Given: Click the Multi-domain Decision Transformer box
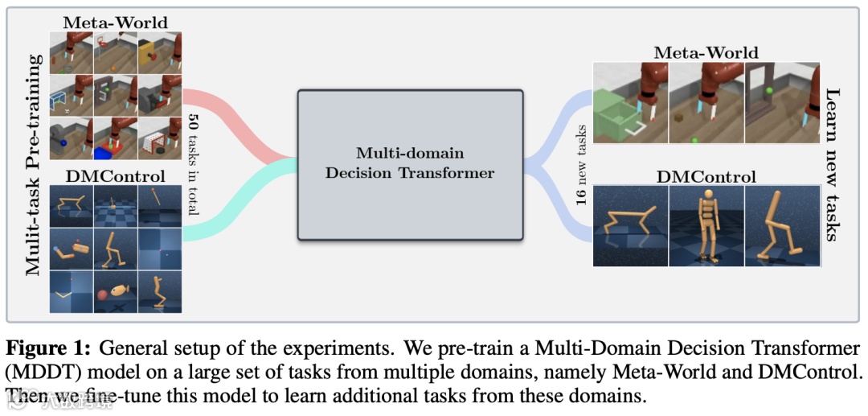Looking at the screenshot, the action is pos(410,164).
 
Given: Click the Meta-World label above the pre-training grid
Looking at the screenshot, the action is pos(116,22).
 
